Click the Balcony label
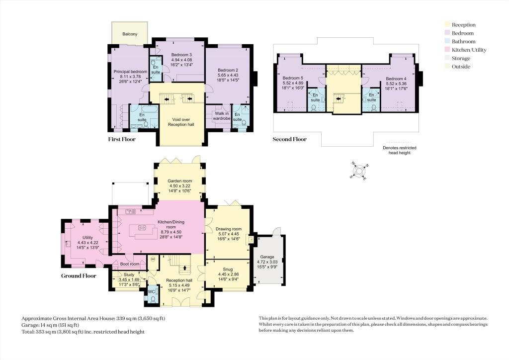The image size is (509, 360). [x=130, y=34]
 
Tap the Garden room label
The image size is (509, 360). [x=180, y=181]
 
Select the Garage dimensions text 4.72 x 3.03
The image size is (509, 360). [x=267, y=262]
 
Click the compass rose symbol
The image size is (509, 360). [x=359, y=171]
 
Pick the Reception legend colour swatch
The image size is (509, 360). [x=447, y=25]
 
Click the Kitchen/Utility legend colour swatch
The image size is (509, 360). [x=447, y=50]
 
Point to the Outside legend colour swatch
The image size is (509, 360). [x=447, y=67]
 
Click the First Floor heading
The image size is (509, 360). [x=122, y=139]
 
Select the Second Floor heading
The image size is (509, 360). [x=290, y=139]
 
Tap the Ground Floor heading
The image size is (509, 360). [x=79, y=276]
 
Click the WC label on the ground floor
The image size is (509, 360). [x=151, y=291]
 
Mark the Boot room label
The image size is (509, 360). [x=130, y=264]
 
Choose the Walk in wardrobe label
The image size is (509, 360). [x=222, y=116]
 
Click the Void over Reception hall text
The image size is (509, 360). [x=181, y=122]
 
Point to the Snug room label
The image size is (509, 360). [x=228, y=269]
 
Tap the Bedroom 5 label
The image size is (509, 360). [x=293, y=78]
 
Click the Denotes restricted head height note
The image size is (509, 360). [x=399, y=150]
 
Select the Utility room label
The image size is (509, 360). [x=87, y=238]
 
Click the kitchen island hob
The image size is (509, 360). [x=142, y=227]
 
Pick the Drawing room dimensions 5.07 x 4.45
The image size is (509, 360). [x=229, y=234]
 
